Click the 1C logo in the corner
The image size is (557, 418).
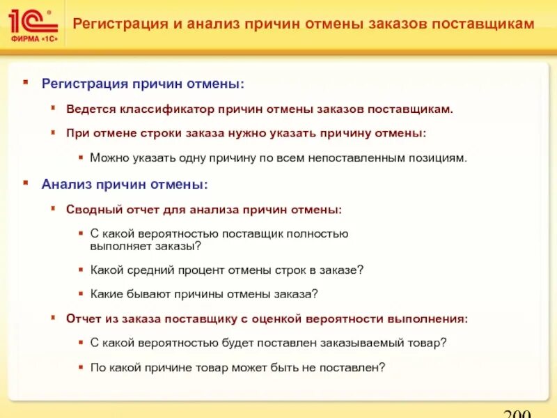(31, 20)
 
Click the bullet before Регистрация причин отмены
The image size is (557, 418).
(26, 82)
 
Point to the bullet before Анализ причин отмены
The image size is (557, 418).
(26, 183)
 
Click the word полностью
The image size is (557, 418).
(320, 234)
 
